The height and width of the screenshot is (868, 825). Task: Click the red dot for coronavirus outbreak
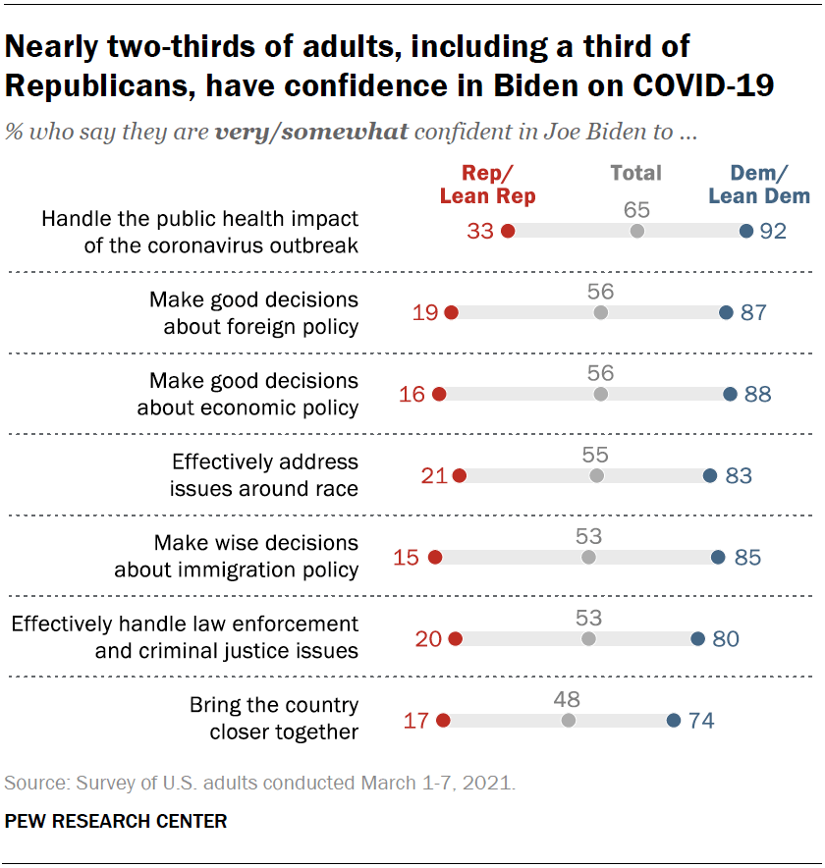coord(508,231)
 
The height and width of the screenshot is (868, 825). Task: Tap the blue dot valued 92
coord(745,231)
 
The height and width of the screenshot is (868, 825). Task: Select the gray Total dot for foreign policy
coord(601,312)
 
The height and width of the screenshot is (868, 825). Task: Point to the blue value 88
coord(758,394)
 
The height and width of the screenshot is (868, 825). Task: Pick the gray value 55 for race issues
coord(596,455)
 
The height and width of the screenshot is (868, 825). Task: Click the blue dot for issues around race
coord(710,475)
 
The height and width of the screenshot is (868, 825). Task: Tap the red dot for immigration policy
coord(435,557)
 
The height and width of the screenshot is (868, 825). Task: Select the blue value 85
coord(748,557)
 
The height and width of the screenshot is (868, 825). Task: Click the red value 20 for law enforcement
coord(428,638)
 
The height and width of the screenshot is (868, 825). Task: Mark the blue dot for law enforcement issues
coord(697,638)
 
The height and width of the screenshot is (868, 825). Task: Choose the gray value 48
coord(568,699)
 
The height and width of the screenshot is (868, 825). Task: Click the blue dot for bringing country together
coord(674,720)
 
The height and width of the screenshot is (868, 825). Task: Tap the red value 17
coord(416,720)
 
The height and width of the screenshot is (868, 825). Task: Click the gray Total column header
coord(635,173)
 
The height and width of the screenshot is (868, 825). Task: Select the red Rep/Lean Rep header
coord(488,185)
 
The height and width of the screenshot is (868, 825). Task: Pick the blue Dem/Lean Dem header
coord(761,185)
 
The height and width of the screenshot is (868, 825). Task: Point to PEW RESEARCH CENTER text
coord(116,821)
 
